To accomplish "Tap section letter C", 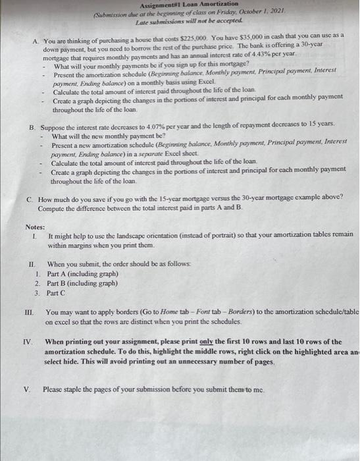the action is [x=30, y=198].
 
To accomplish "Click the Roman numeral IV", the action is [x=28, y=342].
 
